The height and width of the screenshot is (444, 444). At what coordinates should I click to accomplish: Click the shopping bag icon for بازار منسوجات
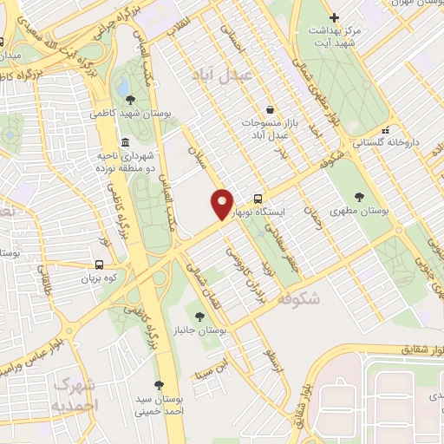(x=271, y=110)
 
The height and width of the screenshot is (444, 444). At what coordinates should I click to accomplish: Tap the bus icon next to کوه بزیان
(x=100, y=264)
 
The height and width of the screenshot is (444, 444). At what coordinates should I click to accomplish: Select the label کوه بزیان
(x=98, y=278)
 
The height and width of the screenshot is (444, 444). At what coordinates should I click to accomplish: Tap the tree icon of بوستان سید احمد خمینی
(x=158, y=384)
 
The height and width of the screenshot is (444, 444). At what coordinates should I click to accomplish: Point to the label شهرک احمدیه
(x=75, y=394)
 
